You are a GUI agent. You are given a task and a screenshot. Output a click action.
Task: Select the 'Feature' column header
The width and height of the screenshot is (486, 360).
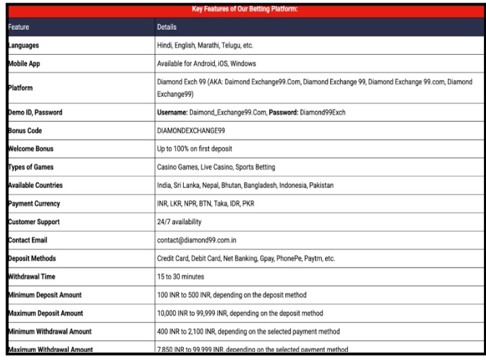(21, 27)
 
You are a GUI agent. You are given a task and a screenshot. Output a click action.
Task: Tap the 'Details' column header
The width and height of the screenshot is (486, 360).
(167, 27)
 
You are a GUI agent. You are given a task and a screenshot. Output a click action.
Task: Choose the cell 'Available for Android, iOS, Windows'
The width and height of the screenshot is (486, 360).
(214, 63)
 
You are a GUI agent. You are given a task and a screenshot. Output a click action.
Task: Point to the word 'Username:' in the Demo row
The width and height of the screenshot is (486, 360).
(174, 113)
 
